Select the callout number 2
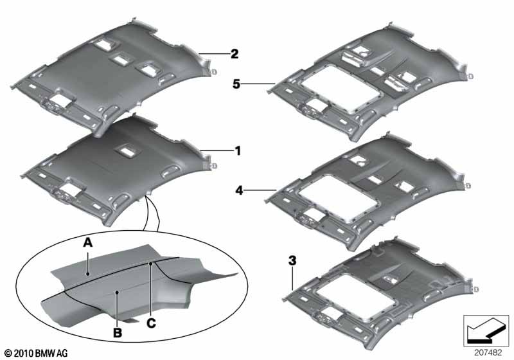point(235,54)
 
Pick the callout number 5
point(238,83)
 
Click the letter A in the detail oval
point(88,242)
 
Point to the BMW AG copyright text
point(35,353)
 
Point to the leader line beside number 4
point(260,190)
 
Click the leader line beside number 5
point(259,83)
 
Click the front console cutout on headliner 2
point(64,98)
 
